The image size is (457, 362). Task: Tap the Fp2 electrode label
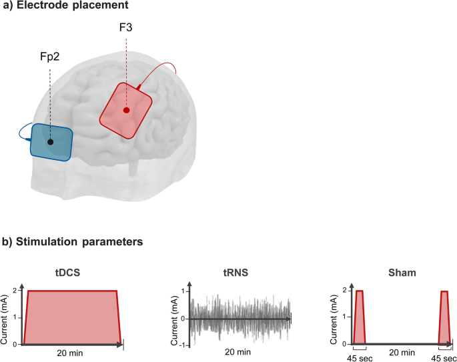(49, 57)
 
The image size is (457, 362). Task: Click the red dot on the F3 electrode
(126, 110)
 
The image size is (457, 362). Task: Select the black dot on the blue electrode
(51, 141)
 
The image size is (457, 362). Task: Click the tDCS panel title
(71, 272)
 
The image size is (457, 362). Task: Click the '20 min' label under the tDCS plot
(71, 353)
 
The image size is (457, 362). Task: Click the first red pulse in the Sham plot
(360, 317)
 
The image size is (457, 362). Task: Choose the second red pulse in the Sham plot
(444, 317)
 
